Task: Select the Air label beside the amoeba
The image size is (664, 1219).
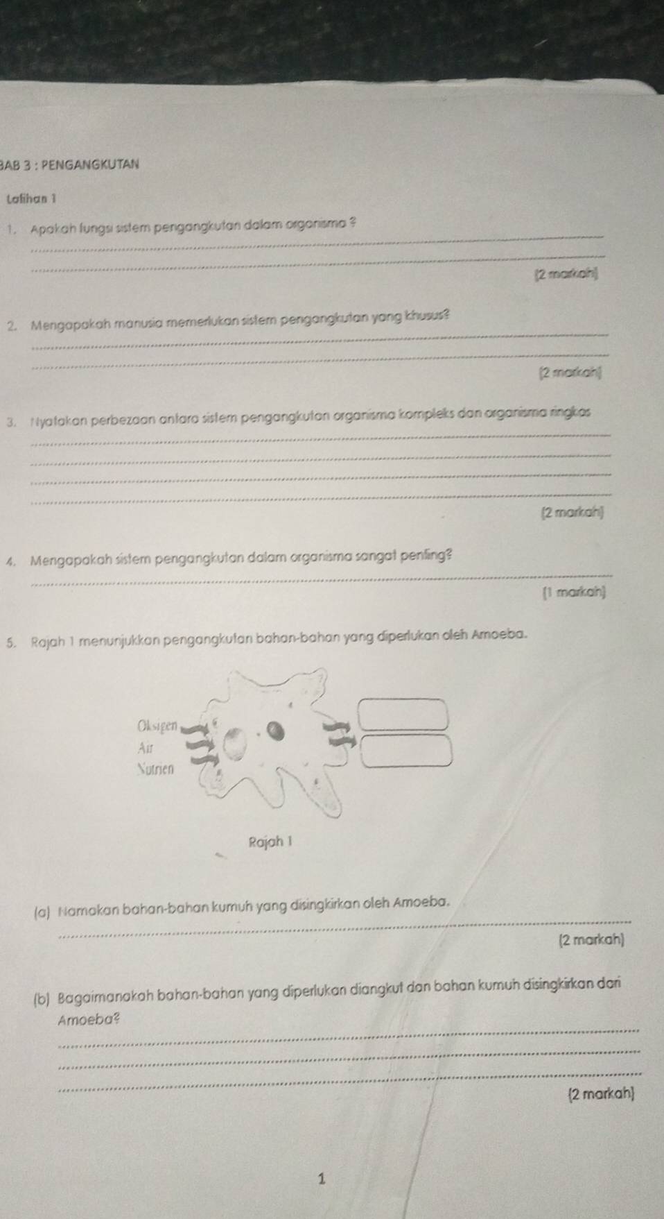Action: click(145, 748)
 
